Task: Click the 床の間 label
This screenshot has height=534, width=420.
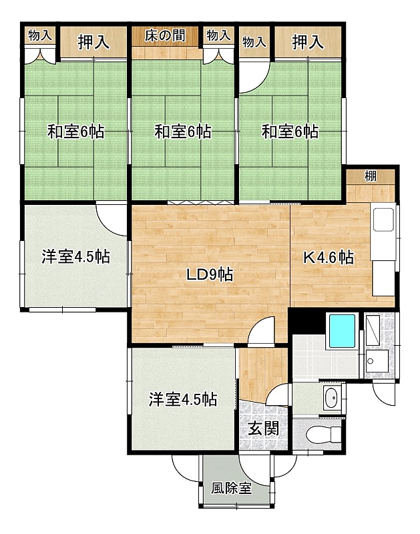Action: click(x=165, y=35)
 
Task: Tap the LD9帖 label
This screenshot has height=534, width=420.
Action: click(x=210, y=274)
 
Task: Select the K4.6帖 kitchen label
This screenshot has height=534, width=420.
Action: click(x=329, y=258)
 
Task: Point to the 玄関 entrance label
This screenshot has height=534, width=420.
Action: click(x=263, y=429)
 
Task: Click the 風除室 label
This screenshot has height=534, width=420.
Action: click(x=232, y=489)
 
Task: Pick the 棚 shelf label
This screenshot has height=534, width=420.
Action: click(x=371, y=176)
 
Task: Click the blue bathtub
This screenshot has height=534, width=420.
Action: click(x=342, y=330)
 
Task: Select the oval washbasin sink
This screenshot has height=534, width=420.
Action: click(x=331, y=398)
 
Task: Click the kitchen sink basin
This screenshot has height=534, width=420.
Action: click(x=383, y=220)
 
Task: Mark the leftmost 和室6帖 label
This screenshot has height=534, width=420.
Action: click(x=75, y=131)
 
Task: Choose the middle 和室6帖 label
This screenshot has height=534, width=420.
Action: click(x=183, y=131)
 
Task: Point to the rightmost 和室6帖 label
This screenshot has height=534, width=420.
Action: click(x=290, y=131)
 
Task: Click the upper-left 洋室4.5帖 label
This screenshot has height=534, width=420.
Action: click(x=76, y=256)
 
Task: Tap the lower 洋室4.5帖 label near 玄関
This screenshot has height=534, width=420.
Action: click(x=183, y=399)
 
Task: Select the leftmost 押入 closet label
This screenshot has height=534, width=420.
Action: click(x=93, y=42)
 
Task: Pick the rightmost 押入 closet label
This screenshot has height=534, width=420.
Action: click(x=308, y=42)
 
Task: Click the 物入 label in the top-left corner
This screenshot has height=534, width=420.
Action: click(x=40, y=35)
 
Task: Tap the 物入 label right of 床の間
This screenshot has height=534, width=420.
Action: click(x=218, y=35)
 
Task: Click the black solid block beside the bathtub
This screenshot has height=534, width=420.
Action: click(x=306, y=321)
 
